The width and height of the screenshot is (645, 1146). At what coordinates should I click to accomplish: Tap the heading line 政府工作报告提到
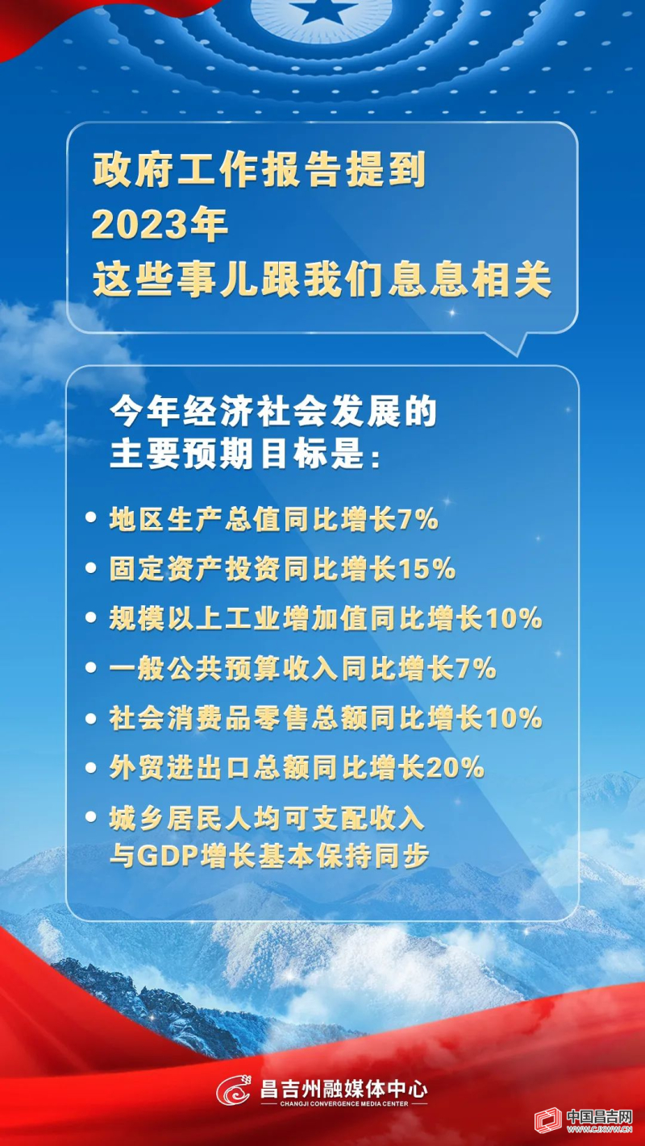pos(258,171)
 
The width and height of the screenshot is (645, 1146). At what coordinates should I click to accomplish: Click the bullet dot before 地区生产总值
pos(92,519)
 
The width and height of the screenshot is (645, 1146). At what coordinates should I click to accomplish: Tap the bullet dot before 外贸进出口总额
pos(92,768)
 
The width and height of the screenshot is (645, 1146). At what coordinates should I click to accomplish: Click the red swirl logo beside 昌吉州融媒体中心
pos(235,1092)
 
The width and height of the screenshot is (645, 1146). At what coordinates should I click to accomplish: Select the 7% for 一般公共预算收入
pos(476,669)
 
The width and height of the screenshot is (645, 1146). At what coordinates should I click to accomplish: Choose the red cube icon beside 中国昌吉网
pos(548,1121)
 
